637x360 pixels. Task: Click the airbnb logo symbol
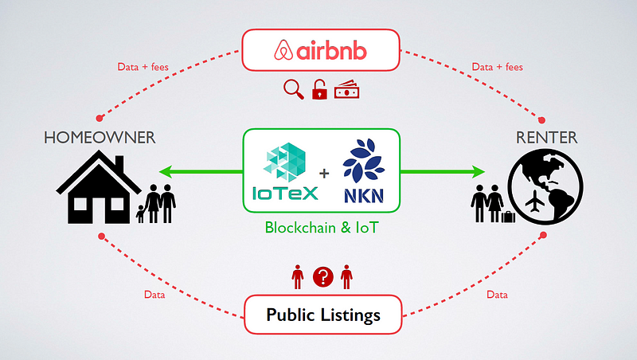pyautogui.click(x=283, y=50)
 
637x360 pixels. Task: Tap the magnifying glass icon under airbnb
pyautogui.click(x=294, y=89)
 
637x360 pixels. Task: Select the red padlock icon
pyautogui.click(x=319, y=89)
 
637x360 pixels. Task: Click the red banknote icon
pyautogui.click(x=347, y=90)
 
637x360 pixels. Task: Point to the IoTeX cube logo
pyautogui.click(x=284, y=162)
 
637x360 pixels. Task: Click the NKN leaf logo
pyautogui.click(x=364, y=161)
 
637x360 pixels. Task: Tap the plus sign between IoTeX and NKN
pyautogui.click(x=324, y=174)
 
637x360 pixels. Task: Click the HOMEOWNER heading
pyautogui.click(x=100, y=138)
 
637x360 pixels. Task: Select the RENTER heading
pyautogui.click(x=546, y=138)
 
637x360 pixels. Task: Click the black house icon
pyautogui.click(x=99, y=187)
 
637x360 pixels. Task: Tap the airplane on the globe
pyautogui.click(x=534, y=201)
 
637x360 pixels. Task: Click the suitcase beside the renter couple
pyautogui.click(x=508, y=217)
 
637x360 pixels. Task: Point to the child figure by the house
pyautogui.click(x=140, y=213)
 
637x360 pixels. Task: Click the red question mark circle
pyautogui.click(x=323, y=277)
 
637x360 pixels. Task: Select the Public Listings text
pyautogui.click(x=323, y=315)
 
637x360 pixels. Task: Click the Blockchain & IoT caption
pyautogui.click(x=322, y=228)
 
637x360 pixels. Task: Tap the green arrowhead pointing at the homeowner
pyautogui.click(x=166, y=172)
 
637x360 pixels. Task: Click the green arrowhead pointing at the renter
pyautogui.click(x=478, y=172)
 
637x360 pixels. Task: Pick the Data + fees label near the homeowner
pyautogui.click(x=143, y=67)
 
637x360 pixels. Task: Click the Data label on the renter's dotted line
pyautogui.click(x=497, y=295)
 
